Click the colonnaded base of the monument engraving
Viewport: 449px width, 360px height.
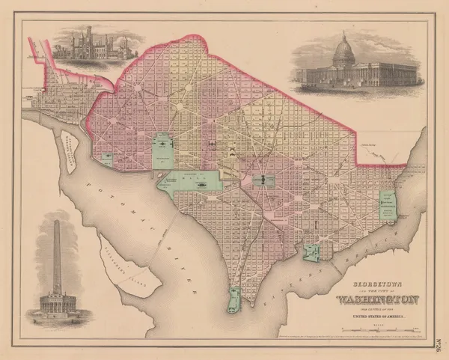click(x=59, y=304)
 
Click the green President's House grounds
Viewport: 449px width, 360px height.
click(x=162, y=150)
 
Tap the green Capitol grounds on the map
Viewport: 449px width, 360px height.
click(x=262, y=181)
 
